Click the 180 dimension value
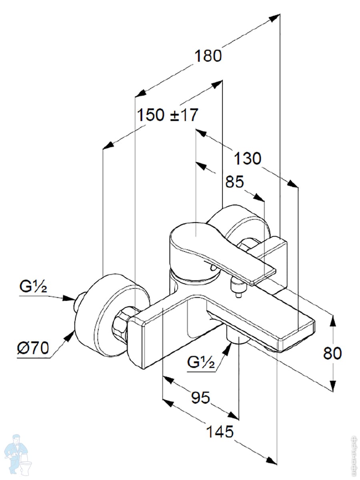[208, 56]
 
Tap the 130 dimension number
[247, 159]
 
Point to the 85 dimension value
[234, 182]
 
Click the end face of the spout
[298, 336]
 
